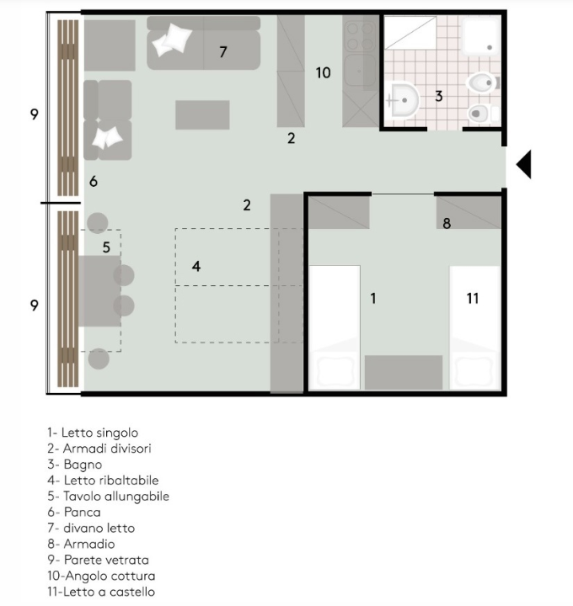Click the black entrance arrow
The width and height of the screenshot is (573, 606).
point(524,163)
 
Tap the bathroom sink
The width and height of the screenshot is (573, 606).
point(405,100)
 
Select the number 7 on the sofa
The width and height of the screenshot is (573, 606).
point(222,52)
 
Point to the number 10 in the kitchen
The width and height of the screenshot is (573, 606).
point(323,73)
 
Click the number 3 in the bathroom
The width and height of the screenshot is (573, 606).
point(438,96)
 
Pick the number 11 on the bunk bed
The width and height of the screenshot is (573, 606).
point(473,298)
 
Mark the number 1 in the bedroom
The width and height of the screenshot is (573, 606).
point(373,298)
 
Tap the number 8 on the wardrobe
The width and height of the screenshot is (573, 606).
point(447,223)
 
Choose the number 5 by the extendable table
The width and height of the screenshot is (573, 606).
point(106,247)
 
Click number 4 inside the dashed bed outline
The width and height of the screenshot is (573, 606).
point(196,266)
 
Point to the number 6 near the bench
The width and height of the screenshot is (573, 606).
point(94,181)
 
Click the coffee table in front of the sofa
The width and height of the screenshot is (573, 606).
point(202,114)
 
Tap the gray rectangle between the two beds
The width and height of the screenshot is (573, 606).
point(404,372)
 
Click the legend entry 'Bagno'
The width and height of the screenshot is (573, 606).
point(75,464)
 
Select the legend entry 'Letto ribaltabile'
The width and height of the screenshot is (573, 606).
point(103,480)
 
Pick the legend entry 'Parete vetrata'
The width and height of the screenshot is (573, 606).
point(99,560)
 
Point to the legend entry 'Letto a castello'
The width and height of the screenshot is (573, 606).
point(101,592)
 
